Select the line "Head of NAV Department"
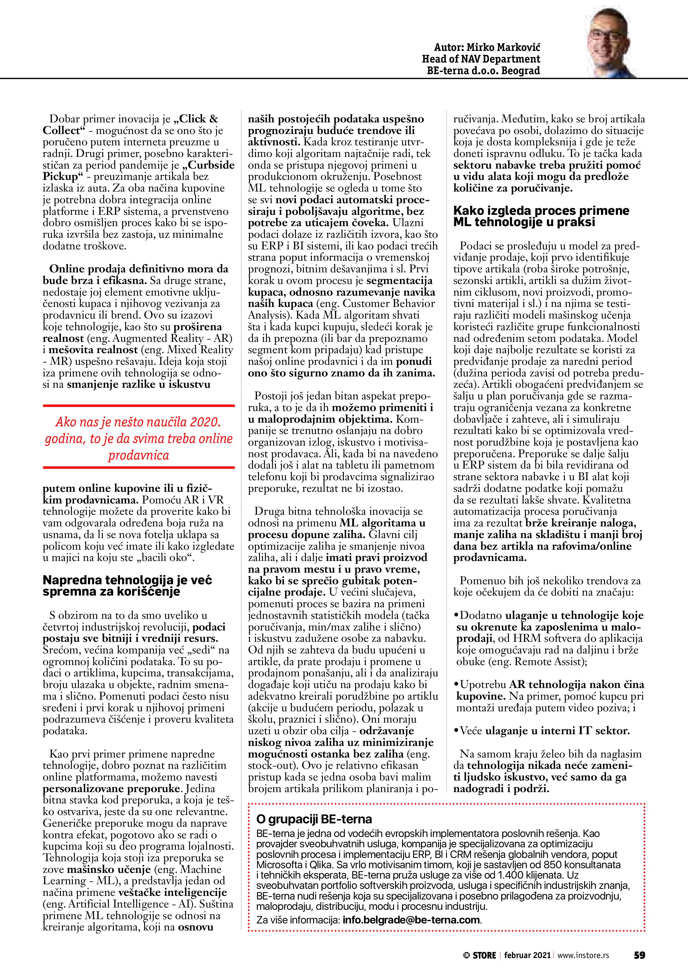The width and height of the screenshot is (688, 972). [481, 59]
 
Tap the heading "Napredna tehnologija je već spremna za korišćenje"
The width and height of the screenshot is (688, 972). [127, 586]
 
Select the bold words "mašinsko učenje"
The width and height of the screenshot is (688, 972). [109, 870]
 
